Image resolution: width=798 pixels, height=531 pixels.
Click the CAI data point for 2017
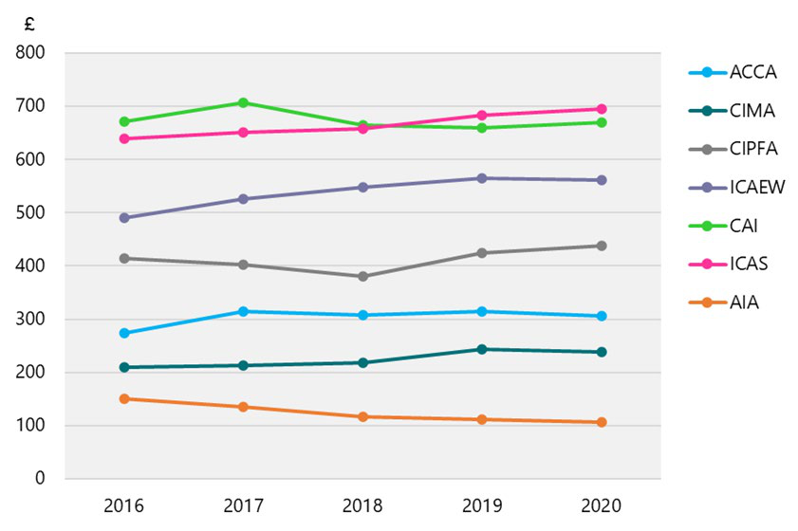[243, 102]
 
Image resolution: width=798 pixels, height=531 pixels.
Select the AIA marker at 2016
[123, 398]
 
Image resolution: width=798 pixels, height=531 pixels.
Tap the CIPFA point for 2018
[362, 276]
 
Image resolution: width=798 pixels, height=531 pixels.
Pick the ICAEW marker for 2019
[482, 178]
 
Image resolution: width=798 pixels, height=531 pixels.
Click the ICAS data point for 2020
[602, 109]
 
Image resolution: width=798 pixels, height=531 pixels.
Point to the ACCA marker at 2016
[123, 333]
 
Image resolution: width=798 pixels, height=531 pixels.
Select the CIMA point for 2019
[482, 349]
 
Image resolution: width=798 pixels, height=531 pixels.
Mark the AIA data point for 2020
[602, 422]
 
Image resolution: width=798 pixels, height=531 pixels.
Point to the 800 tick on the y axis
[32, 53]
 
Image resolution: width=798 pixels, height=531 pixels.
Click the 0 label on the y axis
[41, 479]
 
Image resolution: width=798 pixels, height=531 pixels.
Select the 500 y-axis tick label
[32, 212]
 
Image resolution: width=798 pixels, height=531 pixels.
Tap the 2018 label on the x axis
[362, 504]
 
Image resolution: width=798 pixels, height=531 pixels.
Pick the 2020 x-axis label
[602, 504]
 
